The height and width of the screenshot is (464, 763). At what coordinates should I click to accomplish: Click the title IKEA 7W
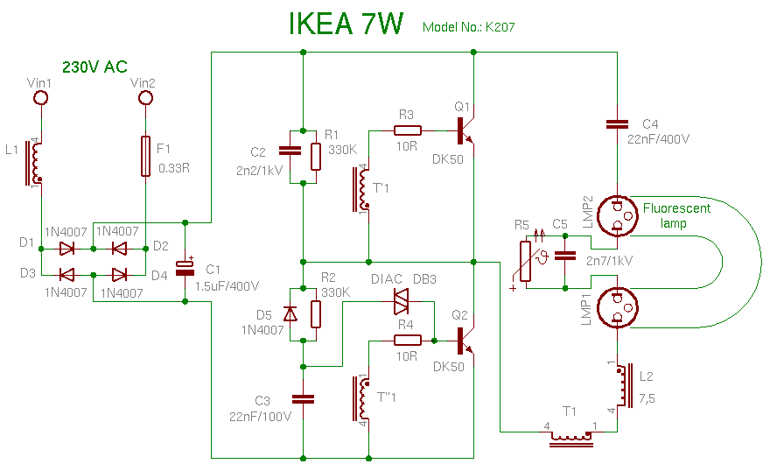pos(346,25)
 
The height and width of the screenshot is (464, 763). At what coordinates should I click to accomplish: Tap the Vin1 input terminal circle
pos(39,98)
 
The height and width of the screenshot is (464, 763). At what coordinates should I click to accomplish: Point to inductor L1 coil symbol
pos(35,162)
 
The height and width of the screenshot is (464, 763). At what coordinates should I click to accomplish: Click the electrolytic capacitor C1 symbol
pos(185,267)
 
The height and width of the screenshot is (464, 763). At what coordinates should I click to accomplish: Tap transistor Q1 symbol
pos(464,130)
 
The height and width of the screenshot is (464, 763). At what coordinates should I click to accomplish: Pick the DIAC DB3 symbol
pos(402,301)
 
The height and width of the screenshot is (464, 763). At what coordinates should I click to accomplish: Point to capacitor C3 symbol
pos(302,398)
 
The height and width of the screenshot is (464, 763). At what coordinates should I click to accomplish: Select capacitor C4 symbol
pos(618,125)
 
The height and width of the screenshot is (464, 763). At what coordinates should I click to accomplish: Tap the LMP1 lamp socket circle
pos(618,309)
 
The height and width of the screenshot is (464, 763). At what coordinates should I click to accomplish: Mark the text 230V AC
pos(94,67)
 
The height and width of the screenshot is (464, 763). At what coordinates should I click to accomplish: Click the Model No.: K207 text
pos(468,27)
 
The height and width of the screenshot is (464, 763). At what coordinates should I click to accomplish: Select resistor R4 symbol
pos(406,340)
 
